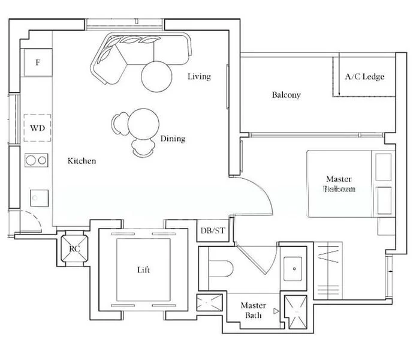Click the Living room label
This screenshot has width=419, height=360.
pos(199,76)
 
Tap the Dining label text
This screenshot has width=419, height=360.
pos(173,139)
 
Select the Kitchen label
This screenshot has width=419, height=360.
pos(82,161)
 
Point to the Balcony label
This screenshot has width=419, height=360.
pos(286,95)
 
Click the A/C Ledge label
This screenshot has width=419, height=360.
pos(364,77)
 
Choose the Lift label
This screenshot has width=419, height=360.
pos(144,270)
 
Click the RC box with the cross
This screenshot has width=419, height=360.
pos(75,247)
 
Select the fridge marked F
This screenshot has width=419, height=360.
pos(38,63)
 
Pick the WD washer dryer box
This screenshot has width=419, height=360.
pos(38,128)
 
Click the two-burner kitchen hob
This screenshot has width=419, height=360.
pos(37,160)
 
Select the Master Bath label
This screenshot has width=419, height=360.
pos(252,310)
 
